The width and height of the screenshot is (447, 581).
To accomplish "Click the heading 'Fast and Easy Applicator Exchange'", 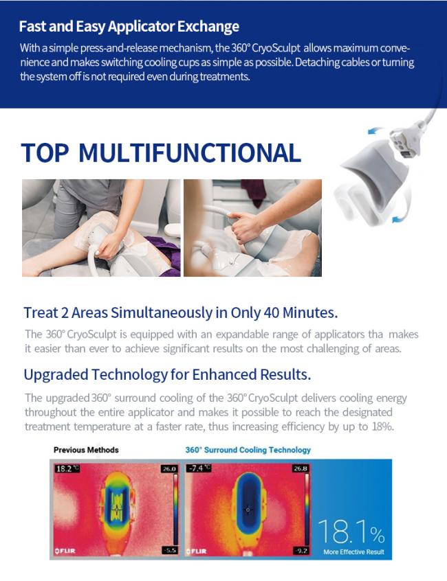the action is (129, 27).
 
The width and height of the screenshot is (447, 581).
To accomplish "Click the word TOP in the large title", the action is (45, 152).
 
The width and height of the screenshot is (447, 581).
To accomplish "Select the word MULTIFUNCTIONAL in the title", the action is (190, 152).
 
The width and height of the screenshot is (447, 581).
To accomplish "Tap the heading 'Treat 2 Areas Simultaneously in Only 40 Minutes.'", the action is (181, 312).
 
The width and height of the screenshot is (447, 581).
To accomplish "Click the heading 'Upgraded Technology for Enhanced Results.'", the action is (167, 374).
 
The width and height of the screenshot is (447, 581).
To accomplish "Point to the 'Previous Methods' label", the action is (86, 450).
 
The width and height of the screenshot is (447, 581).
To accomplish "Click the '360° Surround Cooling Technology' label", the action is (248, 450).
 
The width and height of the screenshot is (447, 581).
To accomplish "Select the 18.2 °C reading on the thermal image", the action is (67, 468).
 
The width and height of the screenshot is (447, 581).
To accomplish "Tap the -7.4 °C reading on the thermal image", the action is (199, 468).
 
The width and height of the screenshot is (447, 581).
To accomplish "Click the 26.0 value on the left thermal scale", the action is (169, 469).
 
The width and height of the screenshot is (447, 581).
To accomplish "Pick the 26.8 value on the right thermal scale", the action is (301, 468).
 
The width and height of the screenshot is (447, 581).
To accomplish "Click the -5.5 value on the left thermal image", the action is (170, 550).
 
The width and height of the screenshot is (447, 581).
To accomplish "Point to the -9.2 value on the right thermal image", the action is (301, 551).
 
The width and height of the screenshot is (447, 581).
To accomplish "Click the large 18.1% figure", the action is (351, 532).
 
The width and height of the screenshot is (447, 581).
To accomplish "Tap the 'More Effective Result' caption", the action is (353, 551).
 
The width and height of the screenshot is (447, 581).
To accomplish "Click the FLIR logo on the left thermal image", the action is (65, 551).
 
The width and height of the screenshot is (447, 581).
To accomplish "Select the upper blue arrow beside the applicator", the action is (375, 130).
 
